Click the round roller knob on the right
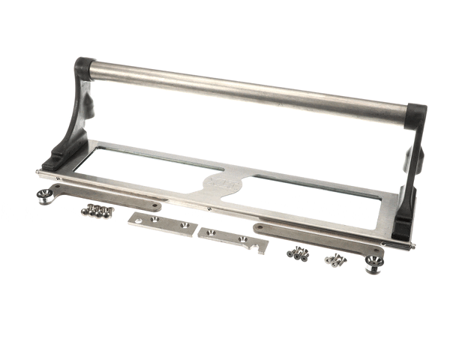tap(373, 263)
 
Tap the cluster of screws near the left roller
tap(97, 211)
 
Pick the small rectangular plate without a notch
tap(162, 223)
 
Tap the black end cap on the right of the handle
tap(415, 115)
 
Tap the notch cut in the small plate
tap(256, 247)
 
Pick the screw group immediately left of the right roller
tap(335, 260)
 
